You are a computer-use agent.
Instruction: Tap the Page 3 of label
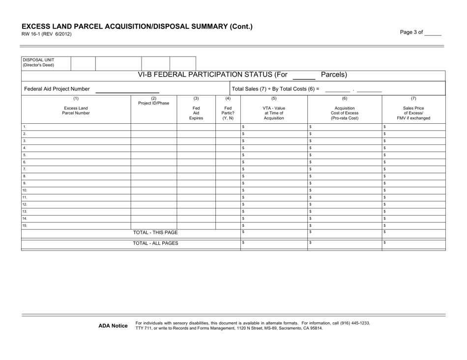tap(411, 32)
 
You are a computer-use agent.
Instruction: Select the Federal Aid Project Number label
tap(57, 89)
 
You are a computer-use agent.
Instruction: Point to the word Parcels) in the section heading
tap(334, 75)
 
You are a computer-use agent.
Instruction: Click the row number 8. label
tap(24, 175)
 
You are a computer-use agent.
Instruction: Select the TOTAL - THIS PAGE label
tap(156, 232)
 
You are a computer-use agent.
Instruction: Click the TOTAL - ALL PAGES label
tap(156, 243)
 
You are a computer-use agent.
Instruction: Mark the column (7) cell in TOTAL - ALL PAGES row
tap(413, 243)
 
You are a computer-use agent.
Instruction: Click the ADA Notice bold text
tap(113, 326)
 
